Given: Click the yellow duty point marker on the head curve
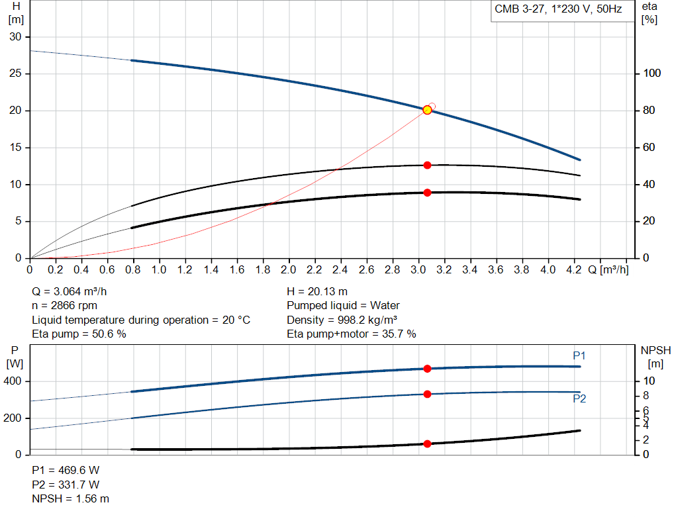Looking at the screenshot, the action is point(427,110).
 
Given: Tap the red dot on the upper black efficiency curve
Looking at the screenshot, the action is point(427,165).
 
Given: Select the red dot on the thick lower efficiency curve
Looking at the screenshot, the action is point(427,193).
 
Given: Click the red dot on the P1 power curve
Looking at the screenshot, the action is point(427,368).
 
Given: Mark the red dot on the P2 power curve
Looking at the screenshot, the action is point(427,394).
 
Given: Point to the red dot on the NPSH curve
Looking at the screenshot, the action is point(427,444).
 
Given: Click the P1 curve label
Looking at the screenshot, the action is point(579,355).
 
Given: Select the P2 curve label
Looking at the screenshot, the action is point(579,399).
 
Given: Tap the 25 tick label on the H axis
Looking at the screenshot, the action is point(15,73).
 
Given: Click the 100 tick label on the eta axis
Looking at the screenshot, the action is point(652,73).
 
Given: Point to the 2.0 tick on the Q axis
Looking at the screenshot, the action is point(289,269).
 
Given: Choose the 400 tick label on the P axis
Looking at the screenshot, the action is point(12,381).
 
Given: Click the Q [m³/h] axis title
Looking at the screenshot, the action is point(608,269).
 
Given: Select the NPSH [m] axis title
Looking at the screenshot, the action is point(655,357).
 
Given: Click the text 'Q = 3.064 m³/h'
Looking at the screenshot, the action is point(69,291).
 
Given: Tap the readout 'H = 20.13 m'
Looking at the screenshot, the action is point(317,291).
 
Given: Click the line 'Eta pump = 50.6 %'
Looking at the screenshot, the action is point(79,334).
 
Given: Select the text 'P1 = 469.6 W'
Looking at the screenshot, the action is point(66,470).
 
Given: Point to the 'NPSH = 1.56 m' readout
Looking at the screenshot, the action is point(70,499).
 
